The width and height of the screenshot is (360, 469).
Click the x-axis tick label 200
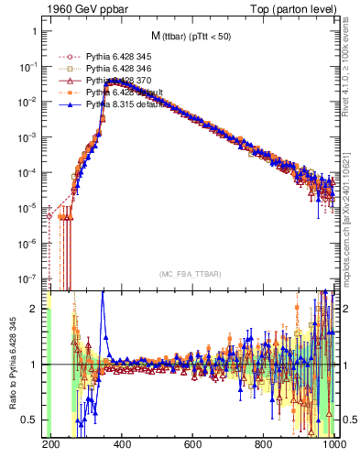[x=50, y=445]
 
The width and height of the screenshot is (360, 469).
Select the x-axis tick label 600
[x=192, y=445]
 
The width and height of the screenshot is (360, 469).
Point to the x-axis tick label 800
[x=264, y=445]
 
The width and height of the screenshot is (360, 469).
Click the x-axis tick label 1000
[x=335, y=445]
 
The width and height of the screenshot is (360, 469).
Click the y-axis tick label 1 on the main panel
[x=34, y=31]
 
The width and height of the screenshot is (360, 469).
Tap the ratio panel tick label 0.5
[x=29, y=420]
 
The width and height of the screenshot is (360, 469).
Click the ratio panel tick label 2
[x=34, y=309]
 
